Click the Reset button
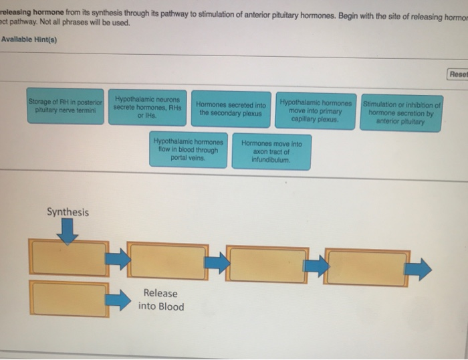[x=458, y=74]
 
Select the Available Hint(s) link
[x=29, y=39]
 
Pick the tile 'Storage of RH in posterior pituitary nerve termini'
[x=66, y=106]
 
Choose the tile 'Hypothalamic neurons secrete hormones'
[x=148, y=107]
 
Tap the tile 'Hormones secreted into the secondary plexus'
[x=231, y=109]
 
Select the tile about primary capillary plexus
[x=316, y=111]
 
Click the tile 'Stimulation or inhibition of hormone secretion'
[x=401, y=113]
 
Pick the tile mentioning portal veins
[x=189, y=149]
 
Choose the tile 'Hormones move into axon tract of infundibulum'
[x=271, y=152]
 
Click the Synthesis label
[x=68, y=212]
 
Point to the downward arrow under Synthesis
[x=68, y=232]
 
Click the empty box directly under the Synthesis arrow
[x=69, y=257]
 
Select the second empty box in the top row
[x=168, y=261]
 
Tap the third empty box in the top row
[x=267, y=264]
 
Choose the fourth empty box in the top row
[x=367, y=268]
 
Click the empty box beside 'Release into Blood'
[x=69, y=299]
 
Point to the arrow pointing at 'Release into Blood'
[x=118, y=300]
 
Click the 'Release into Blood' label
[x=161, y=300]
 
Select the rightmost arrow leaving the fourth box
[x=418, y=270]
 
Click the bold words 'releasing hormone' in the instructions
[x=32, y=12]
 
